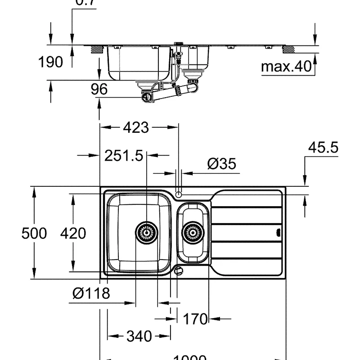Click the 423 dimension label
pyautogui.click(x=135, y=128)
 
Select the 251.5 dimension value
pyautogui.click(x=124, y=156)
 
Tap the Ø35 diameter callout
pyautogui.click(x=221, y=164)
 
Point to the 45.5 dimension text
pyautogui.click(x=323, y=148)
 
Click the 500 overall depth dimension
pyautogui.click(x=34, y=234)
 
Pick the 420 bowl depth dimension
pyautogui.click(x=73, y=234)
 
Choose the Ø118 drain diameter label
pyautogui.click(x=91, y=294)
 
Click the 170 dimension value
pyautogui.click(x=195, y=319)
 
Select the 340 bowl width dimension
pyautogui.click(x=139, y=336)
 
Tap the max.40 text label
pyautogui.click(x=287, y=67)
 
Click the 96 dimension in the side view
pyautogui.click(x=99, y=89)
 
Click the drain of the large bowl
pyautogui.click(x=147, y=232)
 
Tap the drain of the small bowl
pyautogui.click(x=193, y=232)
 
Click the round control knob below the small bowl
pyautogui.click(x=179, y=270)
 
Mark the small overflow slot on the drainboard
pyautogui.click(x=278, y=233)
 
